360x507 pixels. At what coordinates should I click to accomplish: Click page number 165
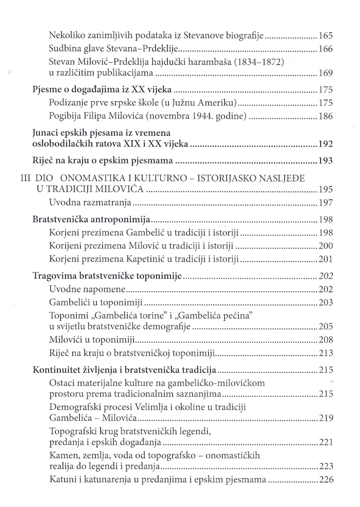tap(326, 36)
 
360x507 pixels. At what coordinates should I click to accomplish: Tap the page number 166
tap(326, 50)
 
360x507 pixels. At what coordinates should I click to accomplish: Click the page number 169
tap(326, 73)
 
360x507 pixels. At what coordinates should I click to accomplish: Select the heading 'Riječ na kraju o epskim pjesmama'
tap(96, 162)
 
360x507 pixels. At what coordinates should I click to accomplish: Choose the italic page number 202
tap(326, 276)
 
